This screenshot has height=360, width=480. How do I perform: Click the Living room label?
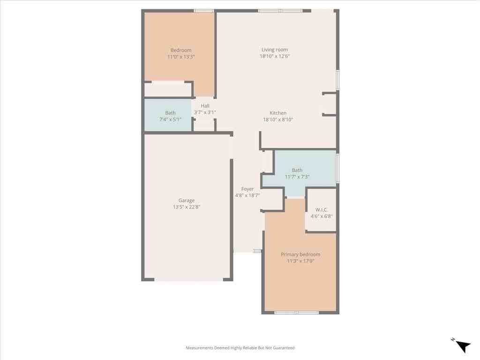point(275,50)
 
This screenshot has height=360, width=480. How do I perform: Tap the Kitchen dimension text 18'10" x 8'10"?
point(278,120)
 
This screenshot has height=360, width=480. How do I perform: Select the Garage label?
point(186,201)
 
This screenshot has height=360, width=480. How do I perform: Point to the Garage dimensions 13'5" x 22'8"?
point(186,207)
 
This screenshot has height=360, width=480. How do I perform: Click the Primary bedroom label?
point(300,255)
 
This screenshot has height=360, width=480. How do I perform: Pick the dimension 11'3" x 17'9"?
point(300,261)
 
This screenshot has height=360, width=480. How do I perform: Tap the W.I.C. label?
point(322,210)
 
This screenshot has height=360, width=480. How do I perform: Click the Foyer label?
point(247,189)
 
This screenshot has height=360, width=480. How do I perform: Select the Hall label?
point(205,106)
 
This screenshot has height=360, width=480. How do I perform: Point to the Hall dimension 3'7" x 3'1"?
point(205,112)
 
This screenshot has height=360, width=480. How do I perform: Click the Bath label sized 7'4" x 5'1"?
point(170,113)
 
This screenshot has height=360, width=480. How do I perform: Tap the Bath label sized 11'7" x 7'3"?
point(297,170)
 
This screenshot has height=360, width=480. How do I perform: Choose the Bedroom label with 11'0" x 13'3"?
point(181,50)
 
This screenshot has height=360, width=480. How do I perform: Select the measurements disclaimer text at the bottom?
point(240,348)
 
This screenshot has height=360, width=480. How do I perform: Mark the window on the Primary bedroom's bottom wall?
point(297,312)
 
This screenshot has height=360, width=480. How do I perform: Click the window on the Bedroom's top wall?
point(204,10)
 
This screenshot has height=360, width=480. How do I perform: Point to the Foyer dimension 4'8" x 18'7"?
point(247,195)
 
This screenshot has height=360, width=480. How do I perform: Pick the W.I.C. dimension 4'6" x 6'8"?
point(322,216)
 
